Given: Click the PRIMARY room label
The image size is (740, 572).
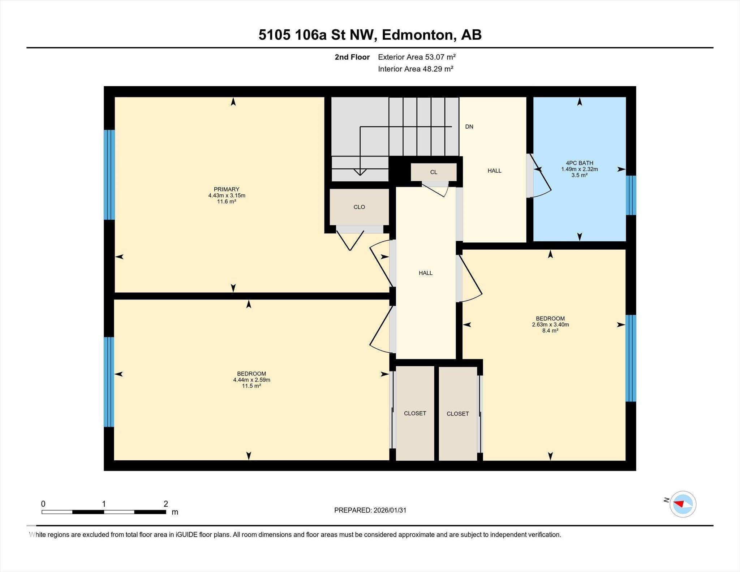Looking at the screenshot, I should [227, 189].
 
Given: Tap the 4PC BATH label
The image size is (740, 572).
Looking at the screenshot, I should [579, 163].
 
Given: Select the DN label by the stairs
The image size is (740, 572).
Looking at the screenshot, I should [469, 127].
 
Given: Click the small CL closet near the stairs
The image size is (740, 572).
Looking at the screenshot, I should [434, 172].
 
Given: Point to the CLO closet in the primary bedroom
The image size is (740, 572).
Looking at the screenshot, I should [359, 207].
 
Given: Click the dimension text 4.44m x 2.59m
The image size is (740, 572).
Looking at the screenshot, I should [251, 380].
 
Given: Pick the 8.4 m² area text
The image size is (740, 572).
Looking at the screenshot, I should [550, 331].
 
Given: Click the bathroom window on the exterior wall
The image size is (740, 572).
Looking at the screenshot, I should [631, 195].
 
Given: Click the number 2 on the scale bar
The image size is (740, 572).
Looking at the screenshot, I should [166, 504].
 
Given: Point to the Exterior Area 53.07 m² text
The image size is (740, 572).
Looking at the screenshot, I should [417, 57].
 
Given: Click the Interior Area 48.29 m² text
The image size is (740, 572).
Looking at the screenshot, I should [416, 69].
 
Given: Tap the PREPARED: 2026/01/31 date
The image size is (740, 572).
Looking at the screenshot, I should [370, 510].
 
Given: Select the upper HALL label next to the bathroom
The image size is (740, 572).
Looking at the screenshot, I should [494, 171].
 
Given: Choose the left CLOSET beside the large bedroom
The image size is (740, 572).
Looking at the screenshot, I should [415, 413].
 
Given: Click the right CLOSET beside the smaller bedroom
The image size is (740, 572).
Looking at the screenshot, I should [457, 414].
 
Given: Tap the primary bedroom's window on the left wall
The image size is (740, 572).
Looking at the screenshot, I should [109, 175].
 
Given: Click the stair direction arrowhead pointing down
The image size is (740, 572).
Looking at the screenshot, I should [360, 172].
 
